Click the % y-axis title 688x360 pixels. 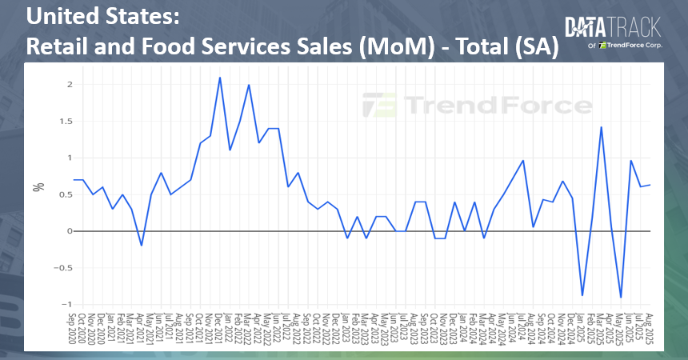(x=37, y=187)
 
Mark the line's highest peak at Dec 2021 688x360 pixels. (x=220, y=78)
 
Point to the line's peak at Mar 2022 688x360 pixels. (x=249, y=85)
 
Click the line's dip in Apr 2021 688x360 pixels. (x=142, y=245)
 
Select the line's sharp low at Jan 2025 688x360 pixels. (x=582, y=295)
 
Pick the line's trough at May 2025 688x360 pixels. (x=621, y=297)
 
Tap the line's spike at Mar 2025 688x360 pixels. (x=601, y=127)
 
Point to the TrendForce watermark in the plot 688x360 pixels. (x=478, y=105)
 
